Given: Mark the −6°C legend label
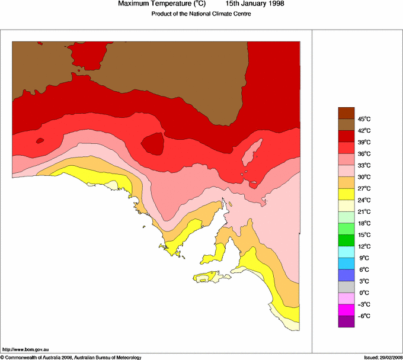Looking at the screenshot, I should (x=363, y=316).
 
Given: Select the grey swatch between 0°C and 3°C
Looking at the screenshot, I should (x=346, y=287).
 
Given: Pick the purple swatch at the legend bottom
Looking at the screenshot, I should (x=346, y=322).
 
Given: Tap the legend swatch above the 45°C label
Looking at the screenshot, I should (x=346, y=113).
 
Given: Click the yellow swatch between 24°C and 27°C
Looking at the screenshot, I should (x=346, y=194).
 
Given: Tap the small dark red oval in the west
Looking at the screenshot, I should (x=40, y=140).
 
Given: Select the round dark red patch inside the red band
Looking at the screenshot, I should (x=153, y=143).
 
